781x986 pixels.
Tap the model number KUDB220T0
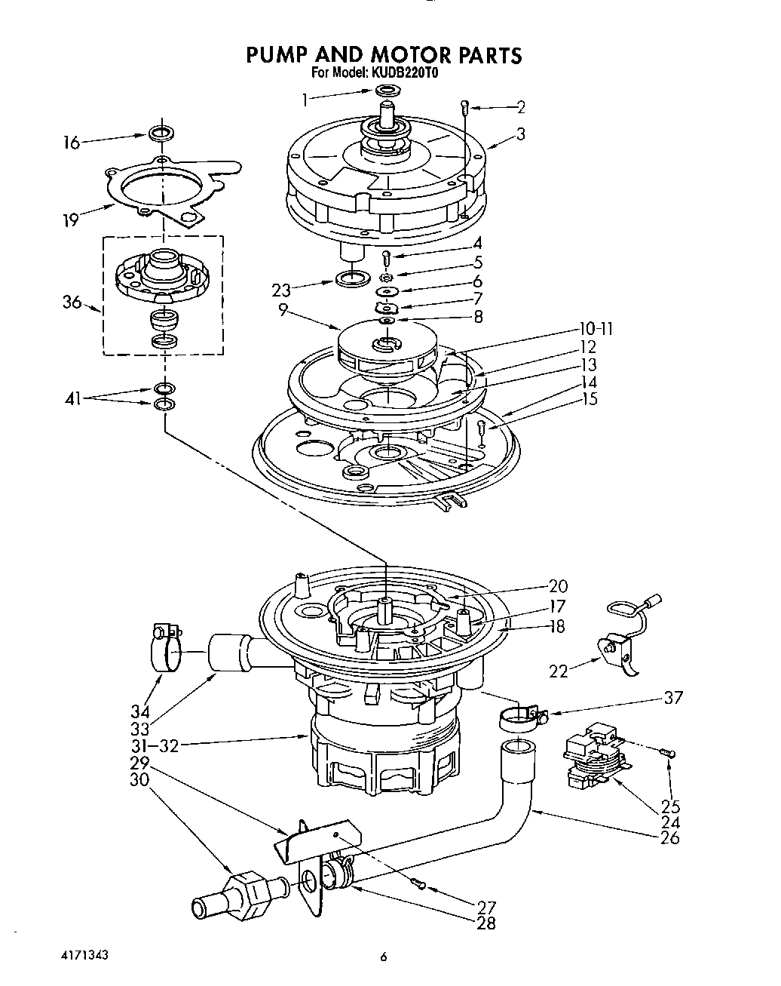pos(404,74)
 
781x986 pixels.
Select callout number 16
pos(72,142)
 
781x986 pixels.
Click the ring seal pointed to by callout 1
pos(387,92)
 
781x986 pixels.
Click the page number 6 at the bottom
pos(383,958)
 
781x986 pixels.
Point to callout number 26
pos(669,837)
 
